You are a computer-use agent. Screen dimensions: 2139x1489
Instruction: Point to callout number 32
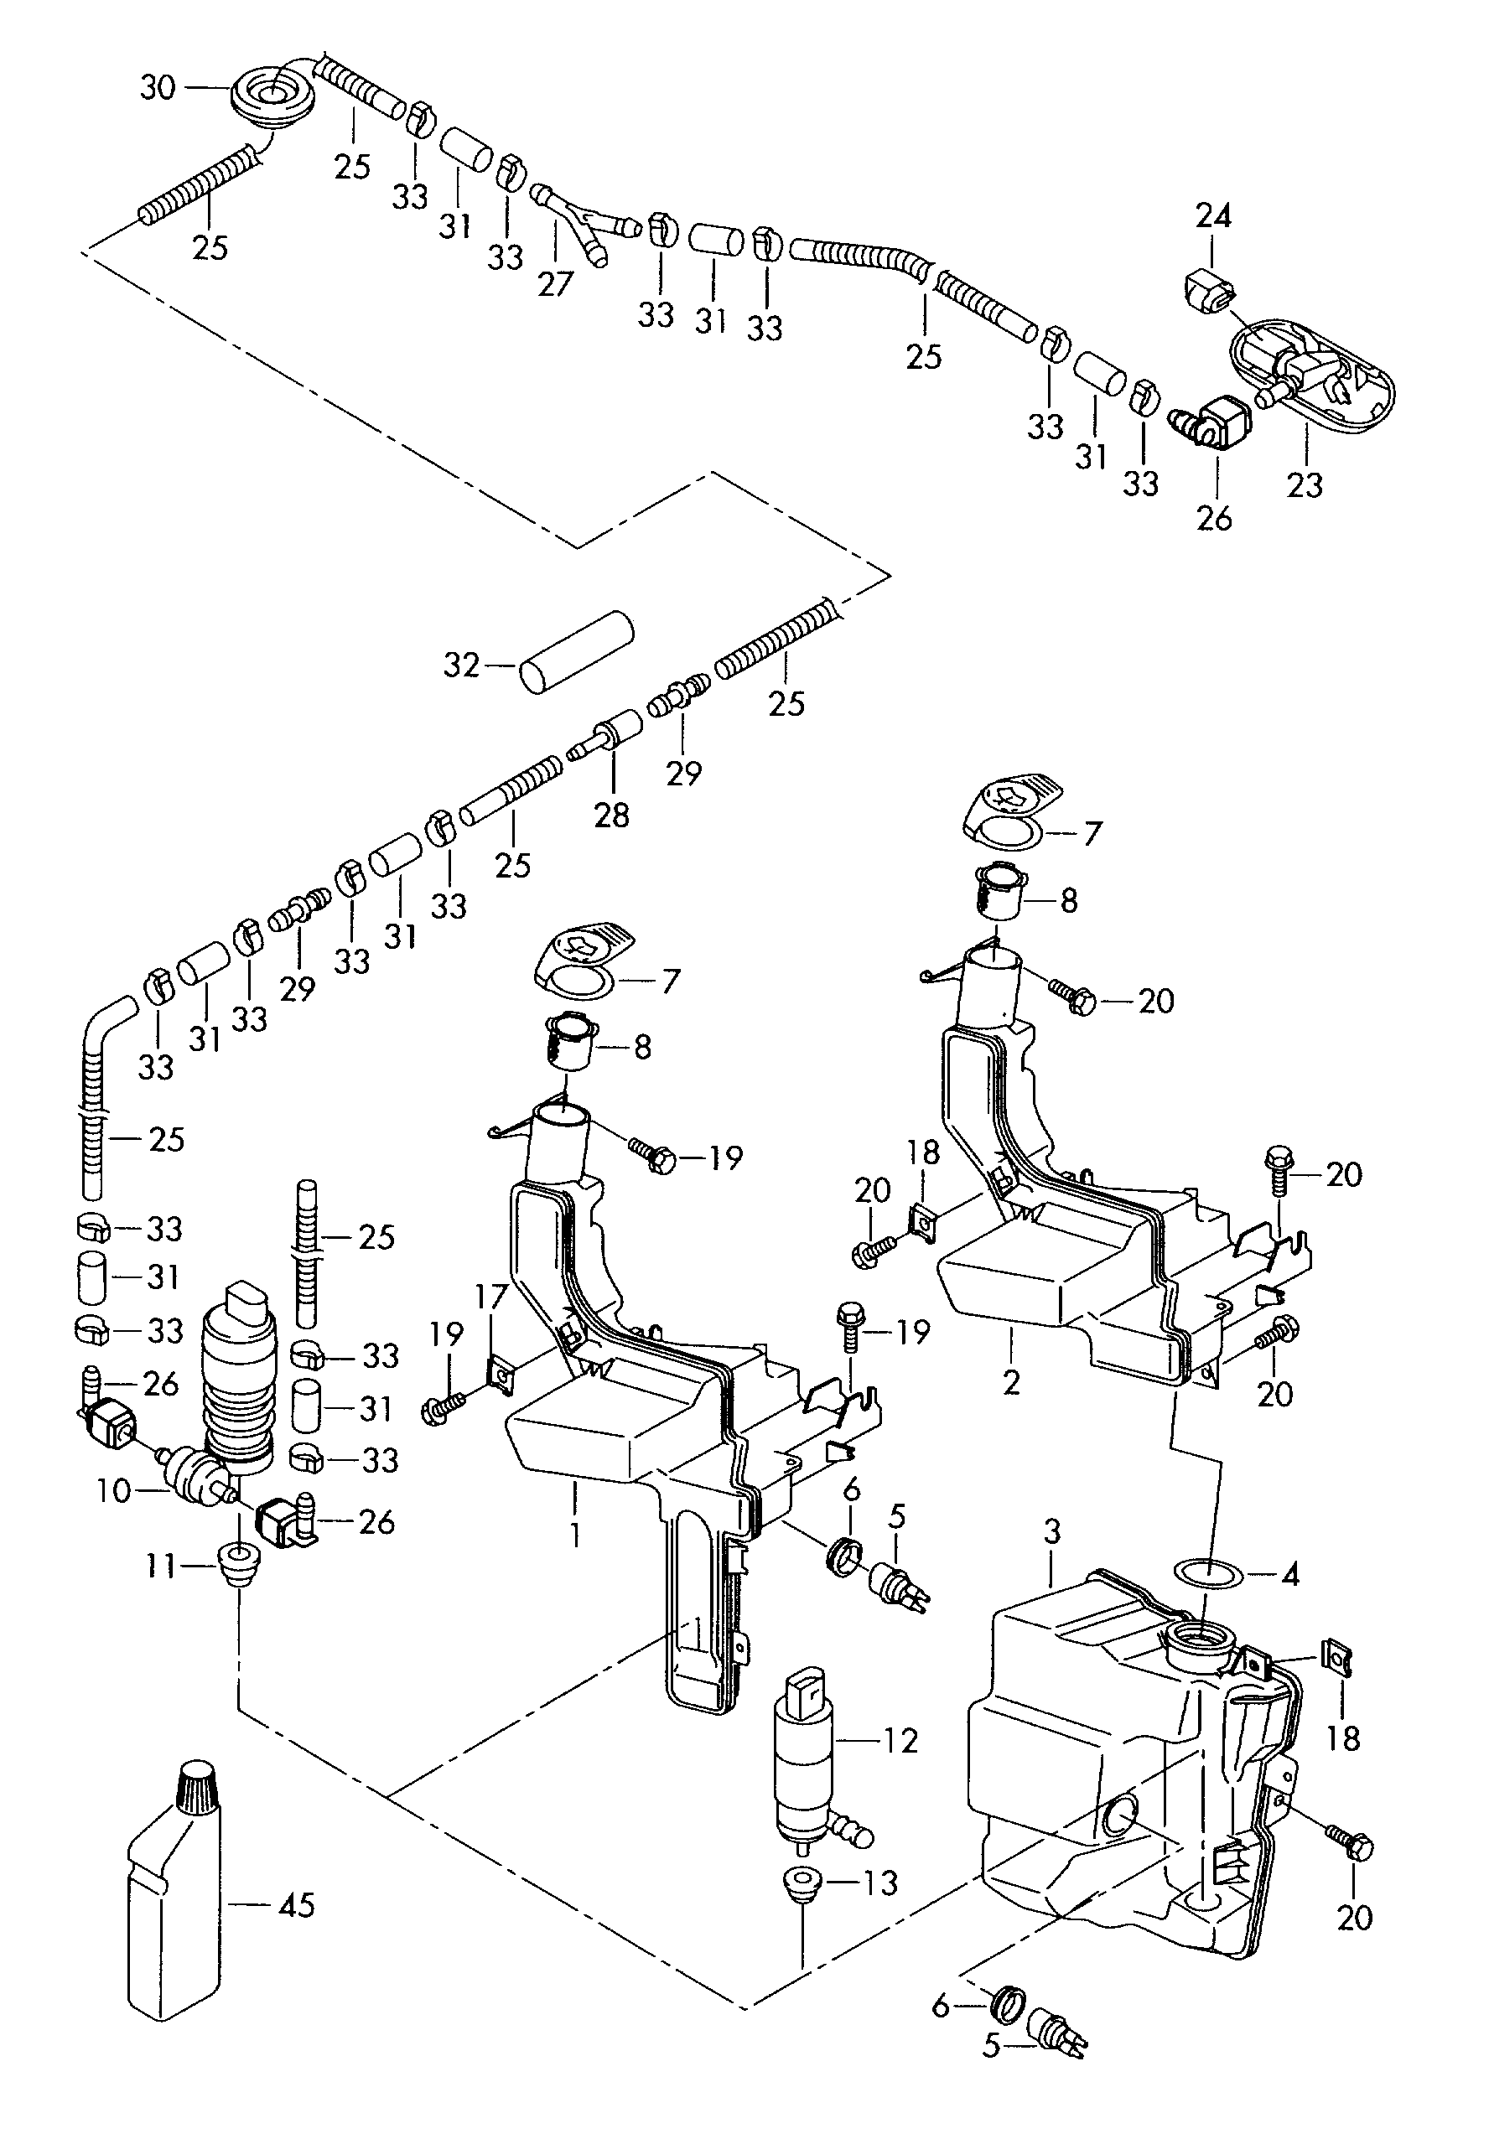[461, 666]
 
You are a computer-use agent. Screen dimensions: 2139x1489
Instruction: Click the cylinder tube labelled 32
[576, 651]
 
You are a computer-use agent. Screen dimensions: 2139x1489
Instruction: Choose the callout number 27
[554, 283]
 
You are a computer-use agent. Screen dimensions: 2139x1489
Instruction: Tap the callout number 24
[1213, 216]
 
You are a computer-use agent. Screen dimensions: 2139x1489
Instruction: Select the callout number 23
[1305, 484]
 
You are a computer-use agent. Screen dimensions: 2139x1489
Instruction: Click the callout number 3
[1052, 1530]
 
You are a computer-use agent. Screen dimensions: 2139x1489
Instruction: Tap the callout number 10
[112, 1490]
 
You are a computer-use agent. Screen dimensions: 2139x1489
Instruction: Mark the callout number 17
[490, 1295]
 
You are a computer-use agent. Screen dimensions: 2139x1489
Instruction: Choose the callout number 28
[611, 816]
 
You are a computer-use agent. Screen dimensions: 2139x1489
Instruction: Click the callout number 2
[1012, 1382]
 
